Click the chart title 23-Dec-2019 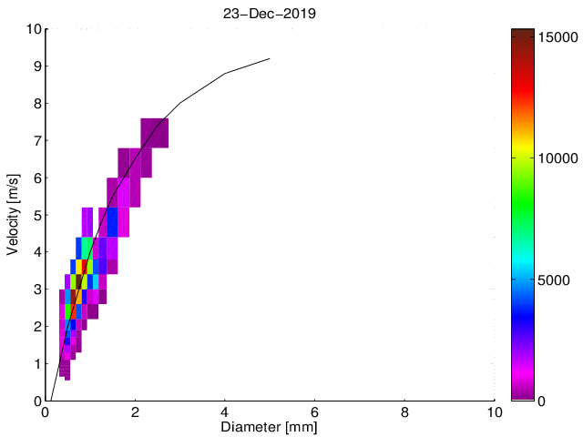tap(270, 14)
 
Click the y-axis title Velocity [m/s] tap(14, 215)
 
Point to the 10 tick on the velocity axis tap(32, 29)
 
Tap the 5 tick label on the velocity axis tap(36, 215)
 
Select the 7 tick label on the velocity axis tap(36, 140)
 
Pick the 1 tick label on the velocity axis tap(36, 363)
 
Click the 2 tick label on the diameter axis tap(135, 412)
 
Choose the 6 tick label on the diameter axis tap(314, 412)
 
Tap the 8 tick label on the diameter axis tap(404, 412)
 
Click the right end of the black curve tap(270, 58)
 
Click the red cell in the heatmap tap(84, 267)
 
